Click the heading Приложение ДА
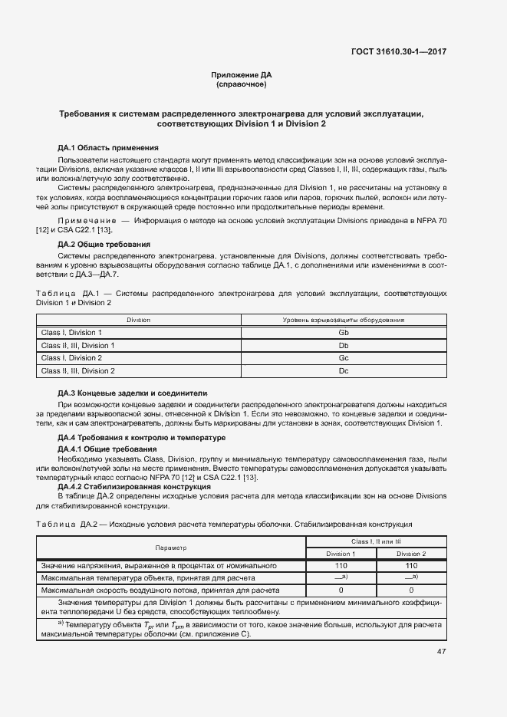click(x=241, y=74)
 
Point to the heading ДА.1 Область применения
click(x=108, y=147)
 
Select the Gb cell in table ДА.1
click(x=343, y=333)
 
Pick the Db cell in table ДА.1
click(x=343, y=346)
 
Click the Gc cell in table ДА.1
click(x=343, y=358)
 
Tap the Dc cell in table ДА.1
click(x=343, y=371)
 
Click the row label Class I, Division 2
click(x=71, y=358)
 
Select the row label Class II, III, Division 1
click(x=77, y=346)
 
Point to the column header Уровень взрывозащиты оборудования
click(x=343, y=320)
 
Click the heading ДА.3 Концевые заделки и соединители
click(x=133, y=393)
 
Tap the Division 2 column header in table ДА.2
click(x=411, y=554)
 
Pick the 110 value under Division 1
click(x=341, y=566)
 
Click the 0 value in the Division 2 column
click(x=411, y=590)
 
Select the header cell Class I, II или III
click(x=376, y=541)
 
